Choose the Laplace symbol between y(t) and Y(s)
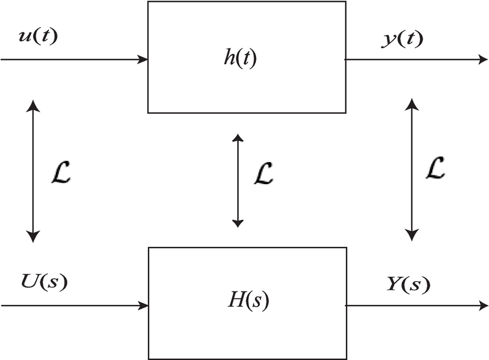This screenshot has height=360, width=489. [x=435, y=167]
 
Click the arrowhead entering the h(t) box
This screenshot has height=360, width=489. [x=143, y=60]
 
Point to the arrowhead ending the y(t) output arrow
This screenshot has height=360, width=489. [x=482, y=60]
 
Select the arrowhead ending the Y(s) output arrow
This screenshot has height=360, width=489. [x=483, y=304]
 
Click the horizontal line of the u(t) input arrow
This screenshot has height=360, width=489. [x=73, y=60]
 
